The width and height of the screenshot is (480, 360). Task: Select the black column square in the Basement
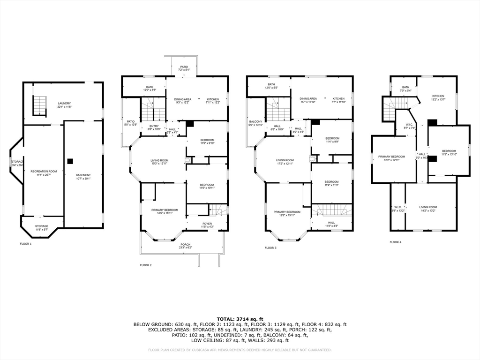70,161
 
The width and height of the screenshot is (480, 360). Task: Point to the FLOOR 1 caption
26,244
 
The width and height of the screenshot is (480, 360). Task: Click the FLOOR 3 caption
270,247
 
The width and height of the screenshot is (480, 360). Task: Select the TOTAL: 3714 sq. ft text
240,319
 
